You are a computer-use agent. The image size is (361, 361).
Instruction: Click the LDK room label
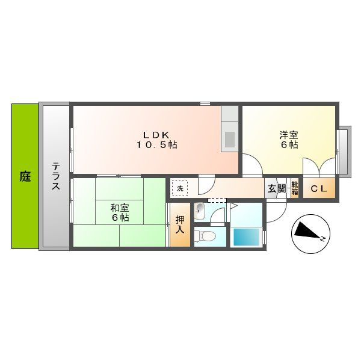pyautogui.click(x=155, y=134)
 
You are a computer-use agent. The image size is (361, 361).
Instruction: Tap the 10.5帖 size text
pyautogui.click(x=155, y=145)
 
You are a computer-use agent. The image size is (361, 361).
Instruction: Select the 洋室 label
pyautogui.click(x=288, y=134)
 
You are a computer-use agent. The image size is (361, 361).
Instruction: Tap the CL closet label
pyautogui.click(x=318, y=189)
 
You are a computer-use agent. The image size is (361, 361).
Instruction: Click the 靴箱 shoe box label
pyautogui.click(x=295, y=189)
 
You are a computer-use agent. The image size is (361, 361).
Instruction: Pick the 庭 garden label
pyautogui.click(x=25, y=177)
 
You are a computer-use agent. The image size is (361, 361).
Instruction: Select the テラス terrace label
pyautogui.click(x=55, y=176)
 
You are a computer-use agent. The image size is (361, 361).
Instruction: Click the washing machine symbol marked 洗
pyautogui.click(x=180, y=189)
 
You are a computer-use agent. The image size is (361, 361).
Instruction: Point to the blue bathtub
pyautogui.click(x=245, y=237)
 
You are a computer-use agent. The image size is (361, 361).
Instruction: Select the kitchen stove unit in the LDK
pyautogui.click(x=230, y=139)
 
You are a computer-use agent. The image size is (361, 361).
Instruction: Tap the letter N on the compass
pyautogui.click(x=322, y=239)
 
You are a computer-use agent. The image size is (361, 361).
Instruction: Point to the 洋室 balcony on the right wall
pyautogui.click(x=344, y=151)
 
